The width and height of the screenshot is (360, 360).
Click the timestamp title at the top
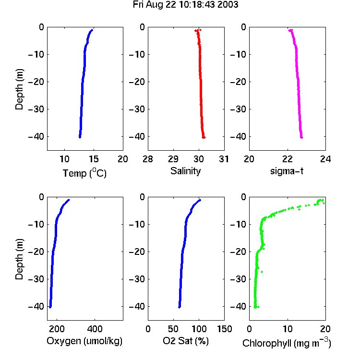pyautogui.click(x=185, y=5)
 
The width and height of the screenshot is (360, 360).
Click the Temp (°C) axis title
pyautogui.click(x=84, y=173)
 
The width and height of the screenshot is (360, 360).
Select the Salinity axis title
pyautogui.click(x=185, y=171)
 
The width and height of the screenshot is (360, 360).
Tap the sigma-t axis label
pyautogui.click(x=287, y=171)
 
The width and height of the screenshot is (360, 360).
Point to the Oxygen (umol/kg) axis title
pyautogui.click(x=84, y=341)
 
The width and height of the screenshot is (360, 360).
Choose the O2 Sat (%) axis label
pyautogui.click(x=186, y=341)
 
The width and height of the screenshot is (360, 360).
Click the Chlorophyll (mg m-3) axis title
pyautogui.click(x=287, y=343)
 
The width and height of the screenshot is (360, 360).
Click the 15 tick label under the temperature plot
pyautogui.click(x=94, y=159)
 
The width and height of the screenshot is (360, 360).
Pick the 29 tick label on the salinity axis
pyautogui.click(x=173, y=159)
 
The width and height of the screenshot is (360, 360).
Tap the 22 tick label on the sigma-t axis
pyautogui.click(x=288, y=159)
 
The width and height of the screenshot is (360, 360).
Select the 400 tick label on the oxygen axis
pyautogui.click(x=95, y=329)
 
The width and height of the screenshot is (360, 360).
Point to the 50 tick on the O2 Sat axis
pyautogui.click(x=173, y=329)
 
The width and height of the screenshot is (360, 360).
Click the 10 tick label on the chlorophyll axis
pyautogui.click(x=288, y=329)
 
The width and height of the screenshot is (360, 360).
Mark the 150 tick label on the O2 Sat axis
pyautogui.click(x=225, y=329)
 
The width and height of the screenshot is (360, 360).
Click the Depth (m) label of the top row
pyautogui.click(x=19, y=89)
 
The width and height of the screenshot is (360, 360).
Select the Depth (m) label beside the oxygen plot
pyautogui.click(x=19, y=259)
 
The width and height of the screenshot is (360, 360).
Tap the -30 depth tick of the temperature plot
pyautogui.click(x=36, y=109)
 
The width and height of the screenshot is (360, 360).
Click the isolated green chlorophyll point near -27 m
pyautogui.click(x=262, y=272)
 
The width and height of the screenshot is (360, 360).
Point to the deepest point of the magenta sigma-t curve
pyautogui.click(x=302, y=138)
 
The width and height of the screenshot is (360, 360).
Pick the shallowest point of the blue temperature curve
pyautogui.click(x=92, y=30)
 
